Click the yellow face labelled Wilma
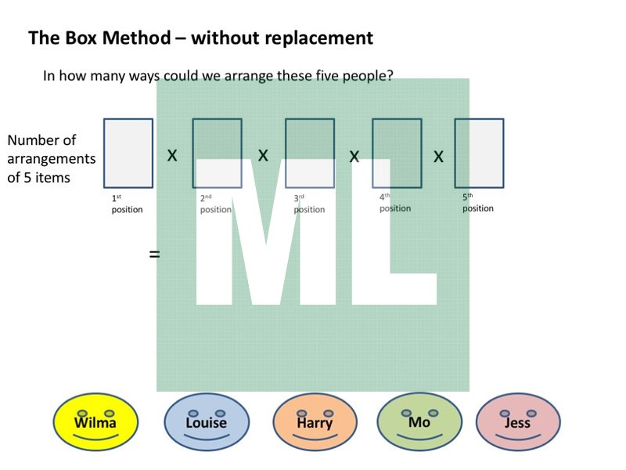95,421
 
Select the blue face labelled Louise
207,421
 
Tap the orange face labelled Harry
315,421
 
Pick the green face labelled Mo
419,421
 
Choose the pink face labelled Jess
517,421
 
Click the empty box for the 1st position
128,153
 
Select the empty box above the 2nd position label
217,153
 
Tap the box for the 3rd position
309,153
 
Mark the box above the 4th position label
397,153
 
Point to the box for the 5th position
479,153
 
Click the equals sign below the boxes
154,254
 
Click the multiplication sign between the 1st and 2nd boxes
172,156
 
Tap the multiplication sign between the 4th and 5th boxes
438,157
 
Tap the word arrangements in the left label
52,159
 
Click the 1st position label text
127,204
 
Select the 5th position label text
477,203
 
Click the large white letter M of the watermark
262,235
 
